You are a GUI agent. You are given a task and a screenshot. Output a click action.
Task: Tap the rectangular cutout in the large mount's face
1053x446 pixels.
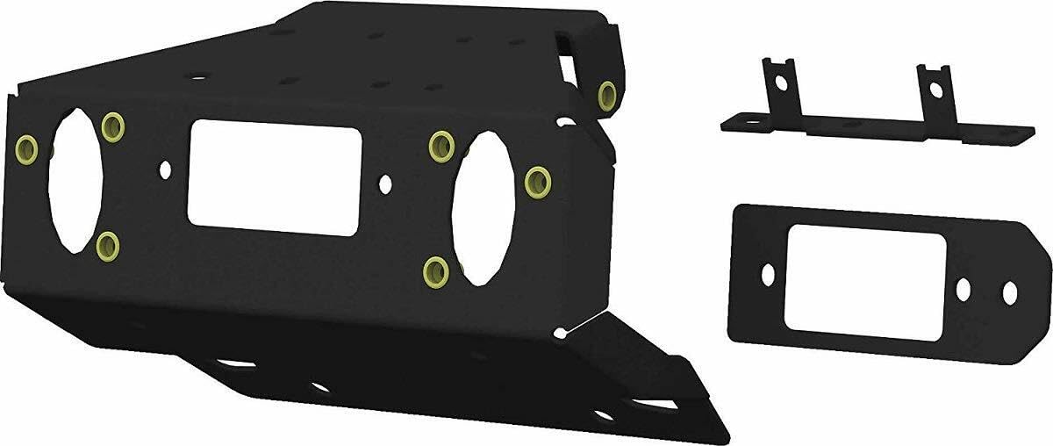274,178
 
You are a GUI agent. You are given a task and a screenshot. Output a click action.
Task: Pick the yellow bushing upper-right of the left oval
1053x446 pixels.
111,128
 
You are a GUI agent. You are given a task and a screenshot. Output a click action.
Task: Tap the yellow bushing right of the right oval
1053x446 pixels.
536,182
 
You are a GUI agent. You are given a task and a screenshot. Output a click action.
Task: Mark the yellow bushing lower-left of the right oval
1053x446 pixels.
435,270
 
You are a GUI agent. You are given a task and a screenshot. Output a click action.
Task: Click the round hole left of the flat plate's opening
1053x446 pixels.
768,274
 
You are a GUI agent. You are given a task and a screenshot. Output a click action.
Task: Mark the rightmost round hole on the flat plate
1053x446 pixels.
1010,290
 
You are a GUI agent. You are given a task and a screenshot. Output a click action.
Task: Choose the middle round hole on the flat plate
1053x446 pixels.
964,287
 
